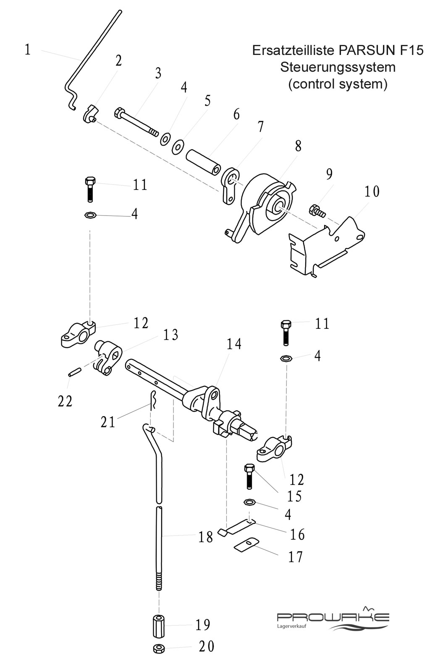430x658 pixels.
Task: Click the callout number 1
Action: point(27,49)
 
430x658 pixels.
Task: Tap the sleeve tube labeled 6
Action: point(203,164)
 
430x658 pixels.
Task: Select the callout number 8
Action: point(298,146)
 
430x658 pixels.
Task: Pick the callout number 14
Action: point(234,344)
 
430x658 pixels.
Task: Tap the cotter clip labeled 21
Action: point(153,401)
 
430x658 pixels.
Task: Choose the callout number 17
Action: point(295,557)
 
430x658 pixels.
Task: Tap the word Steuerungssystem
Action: point(338,67)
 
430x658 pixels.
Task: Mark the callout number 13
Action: point(171,335)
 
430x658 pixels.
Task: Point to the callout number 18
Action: point(205,538)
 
